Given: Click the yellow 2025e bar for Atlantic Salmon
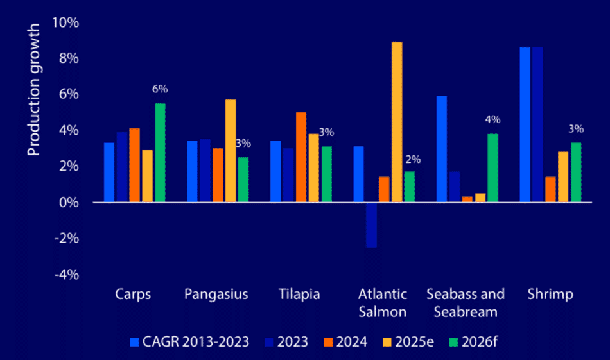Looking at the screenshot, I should [x=397, y=122].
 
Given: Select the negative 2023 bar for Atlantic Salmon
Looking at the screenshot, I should [x=371, y=225].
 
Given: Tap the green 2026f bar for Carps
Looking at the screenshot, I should [x=160, y=153].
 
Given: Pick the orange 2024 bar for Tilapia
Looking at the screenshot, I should [x=301, y=157].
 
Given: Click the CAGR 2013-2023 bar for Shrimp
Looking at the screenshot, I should [x=525, y=124].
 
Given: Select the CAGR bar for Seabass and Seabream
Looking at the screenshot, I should [x=442, y=149].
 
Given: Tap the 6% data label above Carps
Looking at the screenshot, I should [x=160, y=89].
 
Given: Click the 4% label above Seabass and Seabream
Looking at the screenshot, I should [x=492, y=120].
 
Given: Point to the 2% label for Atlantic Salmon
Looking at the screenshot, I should [x=410, y=159].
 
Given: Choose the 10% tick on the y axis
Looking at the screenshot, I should [x=67, y=22].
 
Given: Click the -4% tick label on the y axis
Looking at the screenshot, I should [x=67, y=274].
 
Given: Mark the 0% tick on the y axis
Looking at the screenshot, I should [x=69, y=202].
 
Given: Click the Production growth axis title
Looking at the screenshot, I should [x=34, y=90].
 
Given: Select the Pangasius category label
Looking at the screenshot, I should [x=216, y=295].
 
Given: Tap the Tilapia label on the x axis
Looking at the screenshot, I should [x=300, y=295].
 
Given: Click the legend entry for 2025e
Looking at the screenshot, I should [x=411, y=341].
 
